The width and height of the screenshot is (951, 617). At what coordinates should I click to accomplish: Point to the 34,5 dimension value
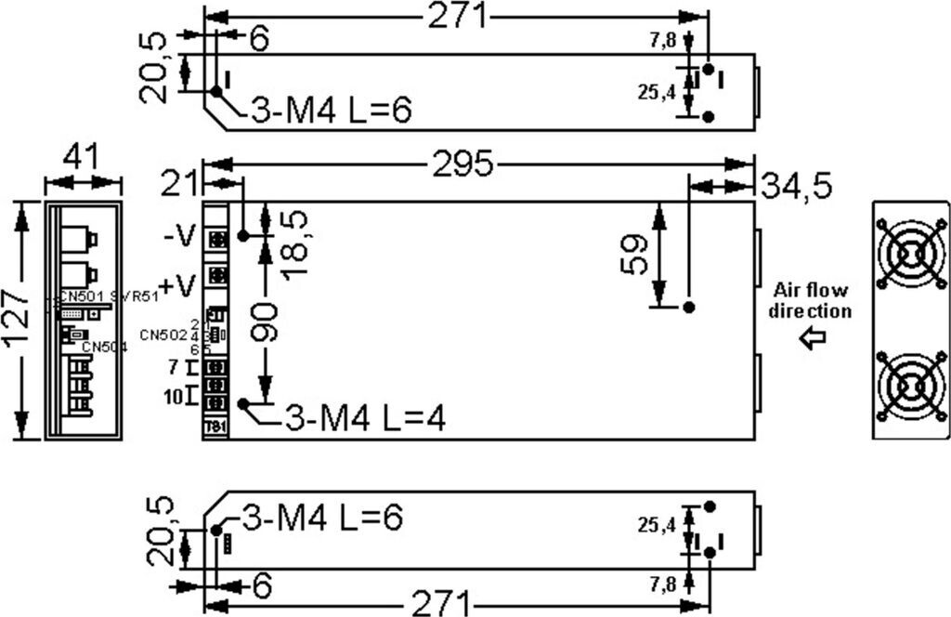[796, 186]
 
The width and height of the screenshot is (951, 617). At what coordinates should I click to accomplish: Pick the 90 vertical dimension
[267, 322]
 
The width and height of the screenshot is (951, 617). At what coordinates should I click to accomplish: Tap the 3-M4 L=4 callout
[364, 419]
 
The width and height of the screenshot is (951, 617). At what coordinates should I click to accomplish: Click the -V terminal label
[179, 236]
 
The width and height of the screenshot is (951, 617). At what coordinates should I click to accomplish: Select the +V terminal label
[178, 283]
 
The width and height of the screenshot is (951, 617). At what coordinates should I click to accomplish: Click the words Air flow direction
[809, 300]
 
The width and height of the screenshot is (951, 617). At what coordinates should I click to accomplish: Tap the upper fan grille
[909, 254]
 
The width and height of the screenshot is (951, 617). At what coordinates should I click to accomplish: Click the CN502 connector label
[163, 334]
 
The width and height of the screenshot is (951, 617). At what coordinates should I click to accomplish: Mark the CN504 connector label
[104, 347]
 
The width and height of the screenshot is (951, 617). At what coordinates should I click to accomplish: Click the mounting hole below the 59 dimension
[688, 307]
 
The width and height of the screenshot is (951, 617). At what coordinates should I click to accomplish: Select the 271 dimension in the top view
[456, 16]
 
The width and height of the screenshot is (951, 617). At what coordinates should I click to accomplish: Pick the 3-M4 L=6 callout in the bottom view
[322, 519]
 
